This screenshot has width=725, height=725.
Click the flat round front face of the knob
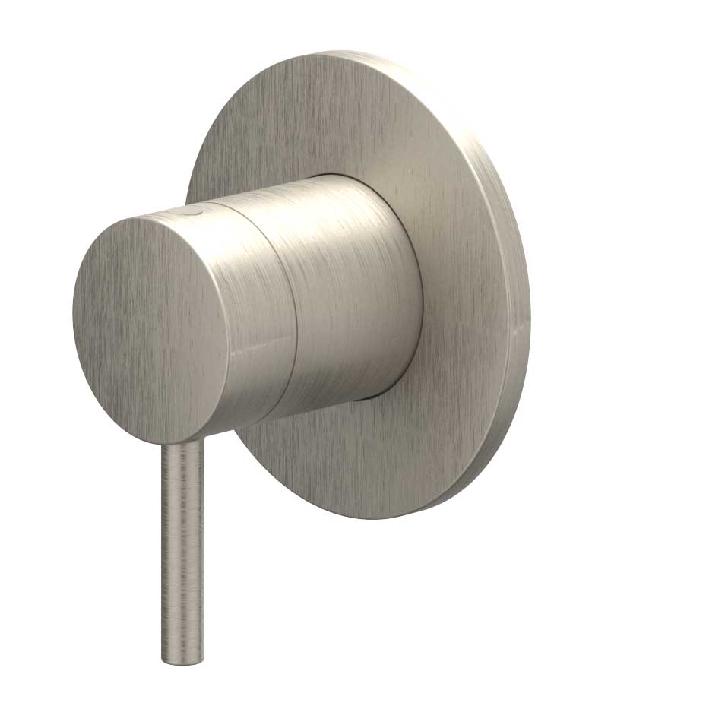149,327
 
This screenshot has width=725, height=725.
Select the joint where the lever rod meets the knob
182,445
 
